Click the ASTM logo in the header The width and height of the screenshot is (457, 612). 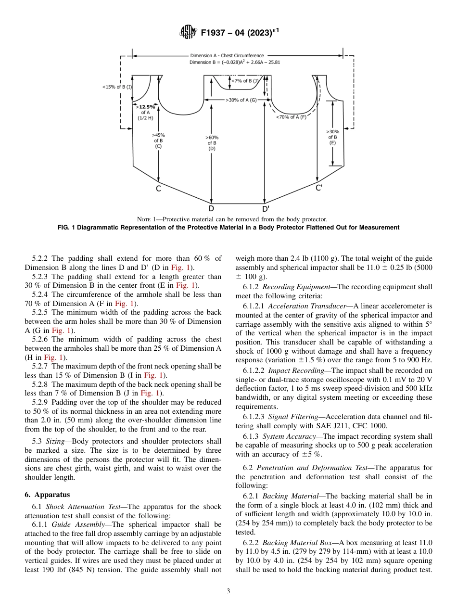tap(188, 32)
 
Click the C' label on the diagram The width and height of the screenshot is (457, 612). tap(318, 188)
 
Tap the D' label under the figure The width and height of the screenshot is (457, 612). tap(266, 209)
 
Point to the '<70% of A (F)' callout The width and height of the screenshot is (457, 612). tap(291, 117)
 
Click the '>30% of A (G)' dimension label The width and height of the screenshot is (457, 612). tap(241, 100)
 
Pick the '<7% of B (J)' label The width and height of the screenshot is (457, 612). tap(246, 81)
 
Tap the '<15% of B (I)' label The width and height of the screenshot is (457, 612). tap(117, 87)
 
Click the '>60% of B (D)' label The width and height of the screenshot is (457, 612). tap(212, 143)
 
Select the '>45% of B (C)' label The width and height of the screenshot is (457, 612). tap(158, 140)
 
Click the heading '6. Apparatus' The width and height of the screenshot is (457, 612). tap(47, 495)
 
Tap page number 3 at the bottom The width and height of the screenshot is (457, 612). tap(228, 591)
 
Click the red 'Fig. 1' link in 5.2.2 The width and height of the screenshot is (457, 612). tap(179, 267)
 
